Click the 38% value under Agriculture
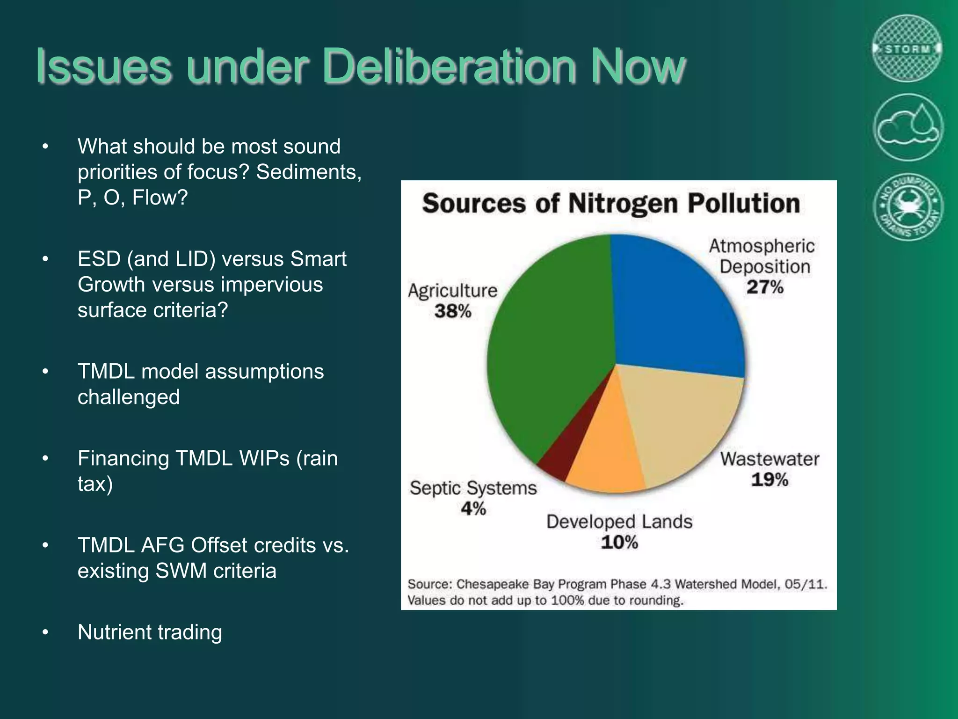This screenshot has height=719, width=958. tap(452, 311)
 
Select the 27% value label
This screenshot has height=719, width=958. tap(765, 287)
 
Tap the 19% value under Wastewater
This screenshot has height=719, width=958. tap(769, 480)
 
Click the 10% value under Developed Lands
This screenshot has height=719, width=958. tap(619, 543)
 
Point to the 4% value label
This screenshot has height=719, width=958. tap(473, 508)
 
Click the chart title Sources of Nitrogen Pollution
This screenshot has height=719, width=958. tap(611, 204)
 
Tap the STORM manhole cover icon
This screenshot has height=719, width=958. tap(907, 48)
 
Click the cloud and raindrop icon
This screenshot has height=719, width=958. tap(907, 127)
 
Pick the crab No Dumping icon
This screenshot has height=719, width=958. tap(907, 207)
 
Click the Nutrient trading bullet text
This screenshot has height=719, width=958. tap(150, 632)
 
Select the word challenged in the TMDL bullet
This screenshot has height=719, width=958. tap(129, 397)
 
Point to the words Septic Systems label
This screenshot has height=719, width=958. tap(473, 488)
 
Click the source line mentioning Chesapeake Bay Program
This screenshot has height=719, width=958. tap(617, 584)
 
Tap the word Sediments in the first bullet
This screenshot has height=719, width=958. tap(309, 172)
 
